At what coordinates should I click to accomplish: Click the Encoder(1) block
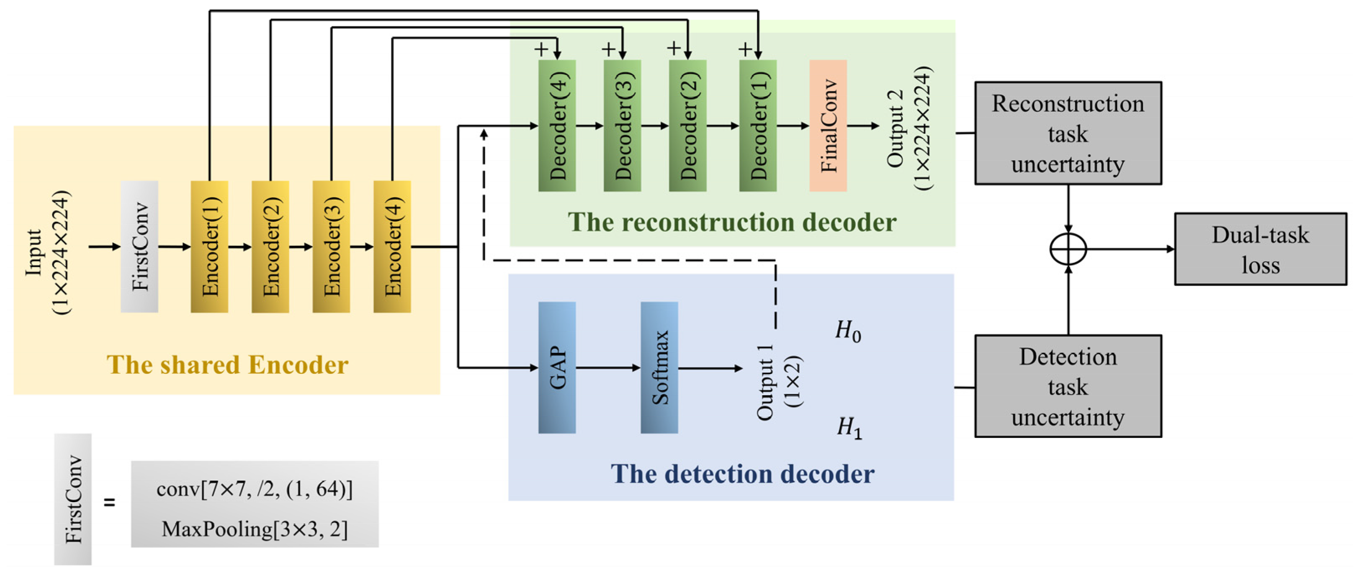point(209,246)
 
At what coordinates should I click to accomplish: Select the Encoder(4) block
point(392,246)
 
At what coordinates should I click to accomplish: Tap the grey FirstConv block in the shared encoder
point(139,246)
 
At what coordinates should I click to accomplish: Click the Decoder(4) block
point(556,126)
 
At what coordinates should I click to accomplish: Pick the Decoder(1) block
point(757,126)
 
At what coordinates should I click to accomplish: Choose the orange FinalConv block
point(828,126)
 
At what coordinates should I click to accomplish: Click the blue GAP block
point(556,368)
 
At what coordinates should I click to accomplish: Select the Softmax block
point(659,368)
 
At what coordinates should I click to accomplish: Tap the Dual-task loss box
point(1260,249)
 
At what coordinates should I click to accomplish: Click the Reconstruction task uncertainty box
point(1067,133)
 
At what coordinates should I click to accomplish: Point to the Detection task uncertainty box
point(1067,386)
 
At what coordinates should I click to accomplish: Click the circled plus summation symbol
point(1068,249)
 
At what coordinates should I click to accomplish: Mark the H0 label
point(848,331)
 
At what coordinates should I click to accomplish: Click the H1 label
point(849,427)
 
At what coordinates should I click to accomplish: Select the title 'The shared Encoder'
point(227,365)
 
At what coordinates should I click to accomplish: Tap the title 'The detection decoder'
point(742,474)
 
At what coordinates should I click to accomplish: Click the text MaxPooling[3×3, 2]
point(255,529)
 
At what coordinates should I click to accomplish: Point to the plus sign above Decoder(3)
point(608,49)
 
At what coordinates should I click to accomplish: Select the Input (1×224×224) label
point(47,252)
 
